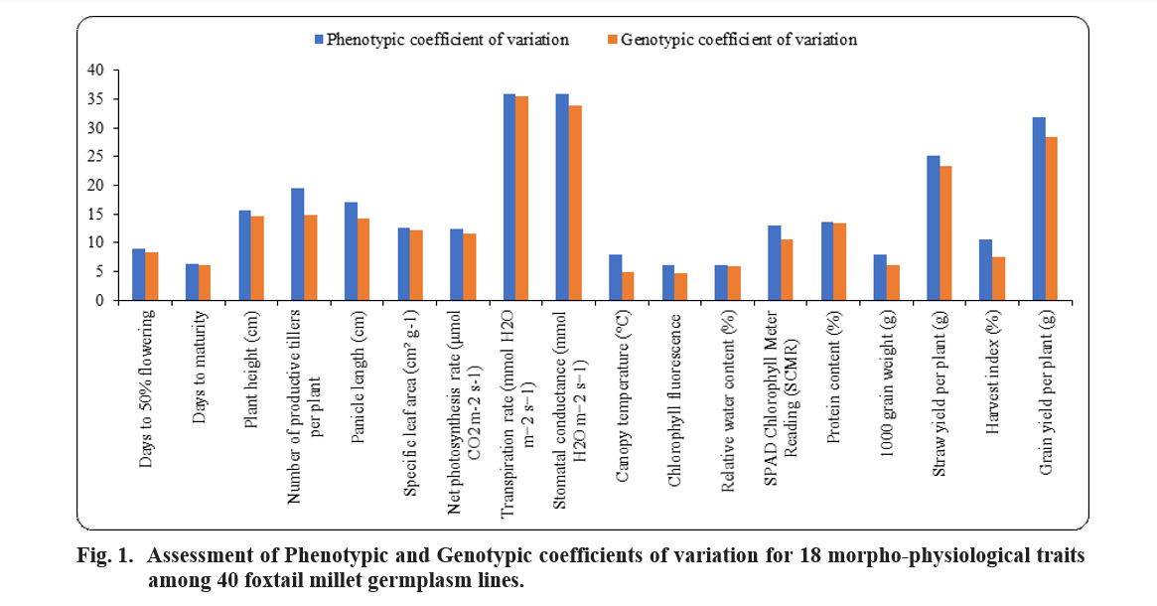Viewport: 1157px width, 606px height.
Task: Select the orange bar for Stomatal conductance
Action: [575, 203]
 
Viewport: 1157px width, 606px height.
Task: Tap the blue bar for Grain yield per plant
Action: [1039, 209]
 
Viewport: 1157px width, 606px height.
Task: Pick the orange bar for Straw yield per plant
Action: [945, 232]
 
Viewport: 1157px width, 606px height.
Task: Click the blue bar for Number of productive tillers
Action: [298, 243]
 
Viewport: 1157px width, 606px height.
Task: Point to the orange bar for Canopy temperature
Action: [628, 285]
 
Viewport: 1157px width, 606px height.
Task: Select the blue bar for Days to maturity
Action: [192, 281]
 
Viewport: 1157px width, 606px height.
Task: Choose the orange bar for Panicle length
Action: [363, 258]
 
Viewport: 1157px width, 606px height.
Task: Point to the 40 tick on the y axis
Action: [95, 71]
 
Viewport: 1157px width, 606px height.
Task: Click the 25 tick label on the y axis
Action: [95, 156]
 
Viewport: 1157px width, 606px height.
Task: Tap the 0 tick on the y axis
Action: [99, 300]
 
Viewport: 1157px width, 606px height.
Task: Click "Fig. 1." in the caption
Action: [104, 556]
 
